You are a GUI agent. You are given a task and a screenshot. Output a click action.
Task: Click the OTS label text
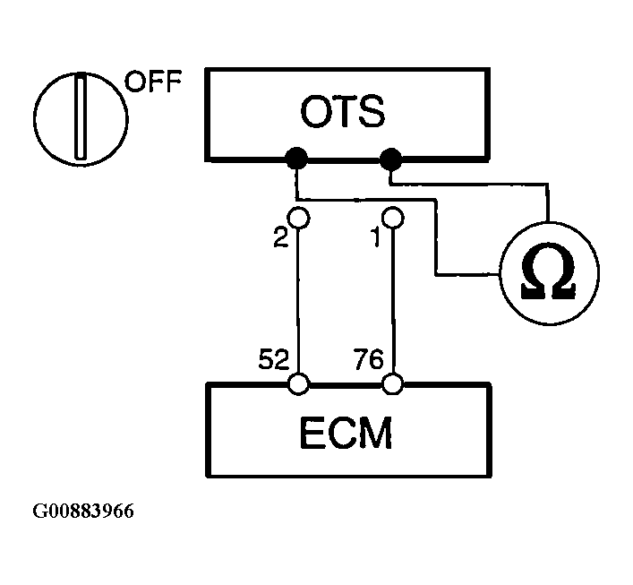point(343,113)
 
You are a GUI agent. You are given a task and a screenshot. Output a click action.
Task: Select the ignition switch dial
point(80,116)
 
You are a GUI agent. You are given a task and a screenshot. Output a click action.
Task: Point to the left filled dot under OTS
point(296,160)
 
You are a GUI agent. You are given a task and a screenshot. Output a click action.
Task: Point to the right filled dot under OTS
point(391,160)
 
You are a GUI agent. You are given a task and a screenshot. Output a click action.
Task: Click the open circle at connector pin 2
point(298,218)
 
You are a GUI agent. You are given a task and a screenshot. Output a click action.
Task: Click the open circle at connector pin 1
point(391,218)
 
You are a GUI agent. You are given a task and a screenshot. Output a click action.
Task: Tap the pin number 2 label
point(280,240)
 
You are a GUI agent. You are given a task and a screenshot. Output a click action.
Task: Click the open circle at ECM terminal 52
point(298,384)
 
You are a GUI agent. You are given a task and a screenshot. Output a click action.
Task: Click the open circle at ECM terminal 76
point(391,384)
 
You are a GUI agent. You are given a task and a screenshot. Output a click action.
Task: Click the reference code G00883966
point(84,512)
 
